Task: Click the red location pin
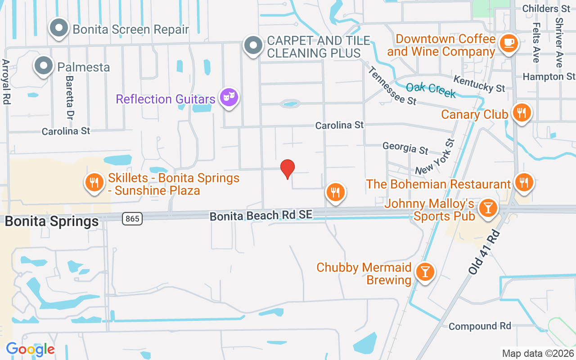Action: [x=288, y=169]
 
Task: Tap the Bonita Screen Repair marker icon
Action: [x=58, y=28]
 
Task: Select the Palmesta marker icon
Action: [x=44, y=66]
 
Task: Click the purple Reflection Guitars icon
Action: [x=229, y=96]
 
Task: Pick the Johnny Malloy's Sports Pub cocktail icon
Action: [x=488, y=208]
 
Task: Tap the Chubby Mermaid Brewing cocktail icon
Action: [x=423, y=272]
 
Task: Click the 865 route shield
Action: [x=132, y=219]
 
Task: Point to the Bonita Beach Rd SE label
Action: [x=261, y=216]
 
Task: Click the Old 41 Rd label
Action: [x=485, y=252]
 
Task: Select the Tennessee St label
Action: [x=393, y=86]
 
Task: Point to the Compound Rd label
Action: [x=480, y=326]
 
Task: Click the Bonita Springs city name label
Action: [x=52, y=221]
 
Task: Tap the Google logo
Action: [x=30, y=349]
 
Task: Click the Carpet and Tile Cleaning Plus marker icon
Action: [x=253, y=45]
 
